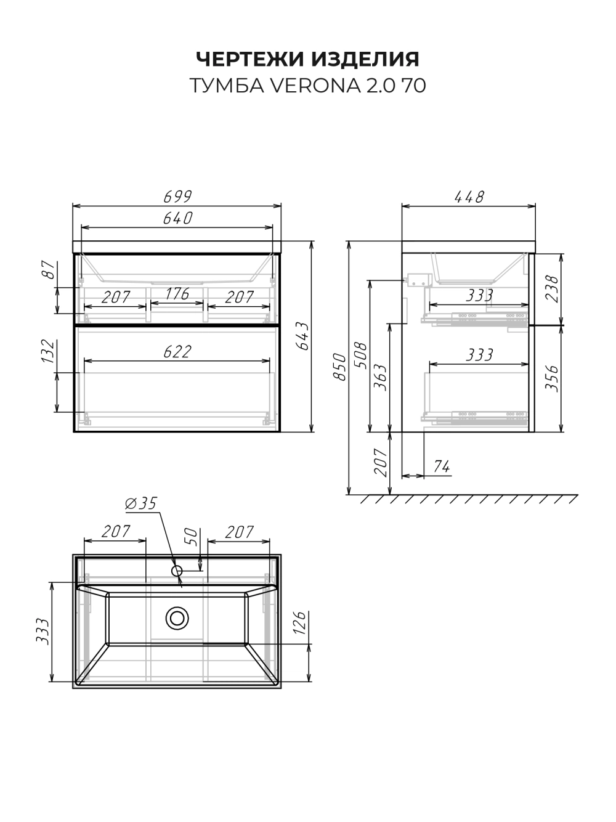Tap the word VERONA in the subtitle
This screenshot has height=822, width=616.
[x=315, y=86]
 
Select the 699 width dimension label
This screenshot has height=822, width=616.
[x=178, y=197]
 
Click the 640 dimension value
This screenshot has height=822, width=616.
[x=178, y=218]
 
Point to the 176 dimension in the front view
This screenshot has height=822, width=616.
[x=177, y=294]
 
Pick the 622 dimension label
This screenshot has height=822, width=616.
[x=178, y=352]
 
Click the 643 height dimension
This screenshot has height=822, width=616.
[x=302, y=336]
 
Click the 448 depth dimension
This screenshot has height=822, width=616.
[x=469, y=197]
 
